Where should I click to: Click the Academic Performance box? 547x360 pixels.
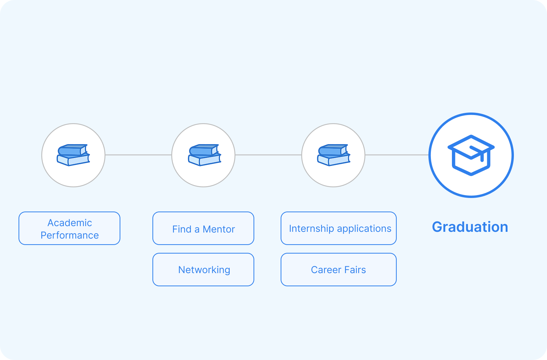tap(69, 228)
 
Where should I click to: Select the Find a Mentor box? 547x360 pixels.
tap(203, 228)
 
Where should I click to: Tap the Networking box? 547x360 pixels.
tap(203, 270)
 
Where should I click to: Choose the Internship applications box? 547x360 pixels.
tap(339, 228)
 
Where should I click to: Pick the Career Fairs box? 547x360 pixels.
tap(339, 270)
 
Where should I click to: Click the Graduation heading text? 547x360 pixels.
tap(470, 227)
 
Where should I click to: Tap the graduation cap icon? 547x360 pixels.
tap(471, 155)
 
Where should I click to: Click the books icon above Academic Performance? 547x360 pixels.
tap(73, 155)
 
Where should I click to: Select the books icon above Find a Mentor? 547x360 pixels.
tap(204, 155)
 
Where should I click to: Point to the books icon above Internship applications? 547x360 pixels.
tap(334, 155)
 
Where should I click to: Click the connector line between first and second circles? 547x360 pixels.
tap(138, 155)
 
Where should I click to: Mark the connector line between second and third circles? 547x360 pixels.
tap(268, 155)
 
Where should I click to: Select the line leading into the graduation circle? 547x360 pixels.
tap(397, 155)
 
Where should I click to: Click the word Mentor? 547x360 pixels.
tap(219, 229)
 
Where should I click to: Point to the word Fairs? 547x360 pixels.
tap(355, 270)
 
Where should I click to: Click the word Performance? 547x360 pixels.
tap(70, 235)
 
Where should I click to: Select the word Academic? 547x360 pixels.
tap(70, 223)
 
